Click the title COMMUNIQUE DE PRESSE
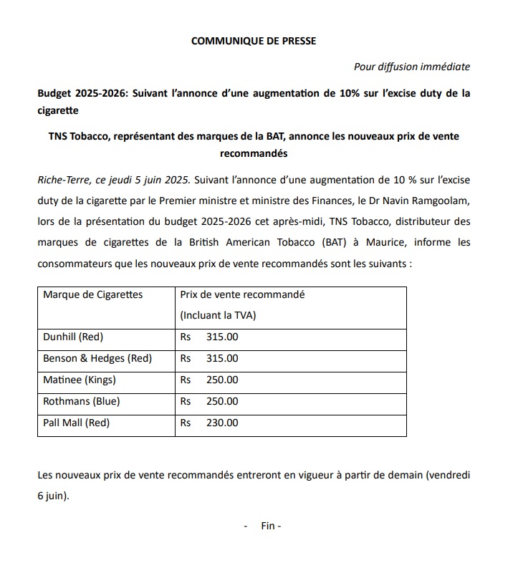(x=254, y=41)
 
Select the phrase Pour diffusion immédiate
(x=412, y=67)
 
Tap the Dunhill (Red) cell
(x=73, y=337)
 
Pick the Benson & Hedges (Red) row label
(x=97, y=358)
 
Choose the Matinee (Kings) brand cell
(x=79, y=380)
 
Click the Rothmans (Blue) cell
(x=81, y=401)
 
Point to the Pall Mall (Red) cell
(x=76, y=423)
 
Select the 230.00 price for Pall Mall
(x=222, y=423)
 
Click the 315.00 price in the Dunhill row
(x=222, y=337)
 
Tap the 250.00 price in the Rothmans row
(x=222, y=401)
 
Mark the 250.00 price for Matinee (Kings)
(x=222, y=380)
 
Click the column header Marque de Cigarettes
(x=93, y=294)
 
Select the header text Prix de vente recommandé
(x=242, y=294)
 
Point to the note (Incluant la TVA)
(x=217, y=315)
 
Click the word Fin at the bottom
(x=269, y=525)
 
